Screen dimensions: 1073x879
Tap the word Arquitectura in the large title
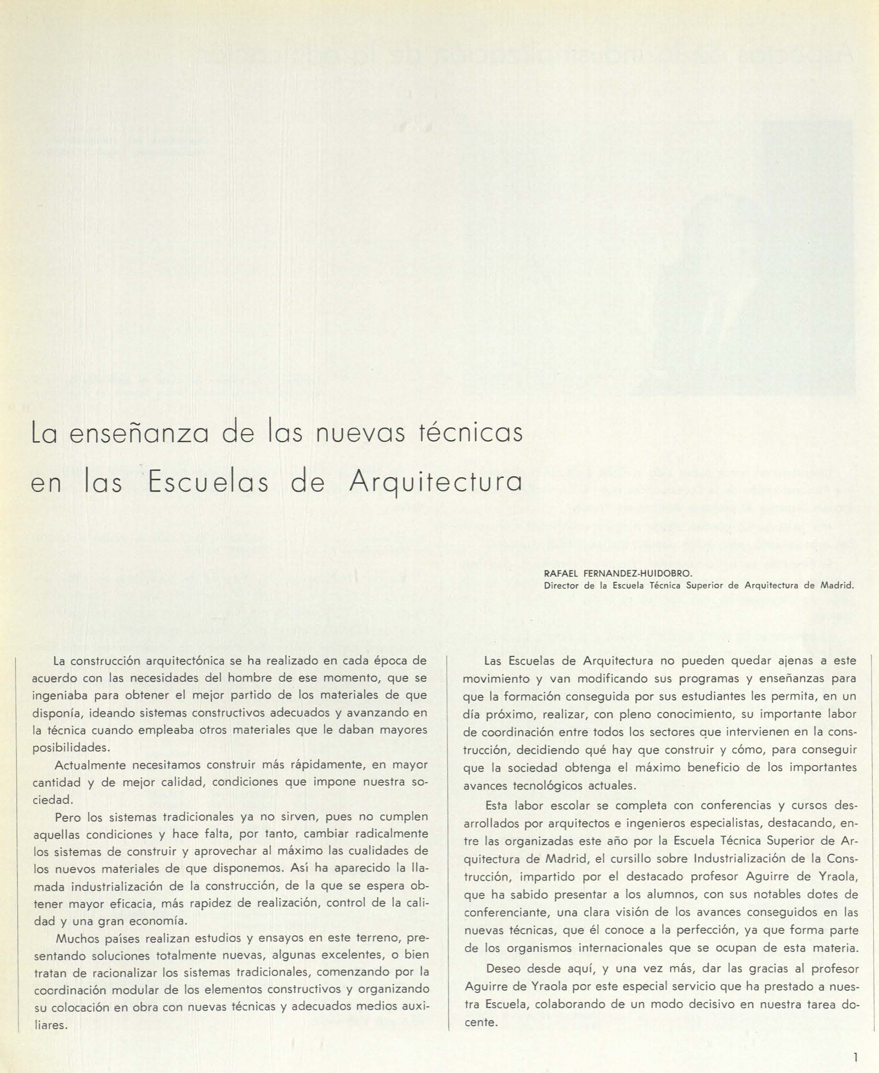[x=436, y=483]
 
